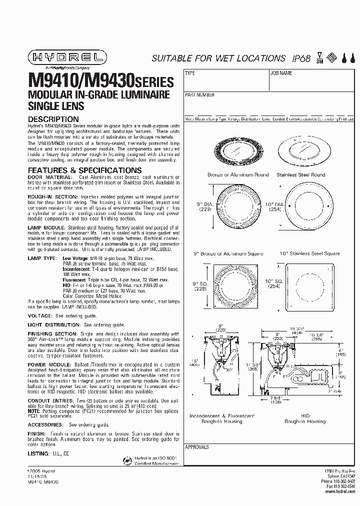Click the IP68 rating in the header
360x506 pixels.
[298, 58]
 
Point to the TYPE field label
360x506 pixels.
[190, 73]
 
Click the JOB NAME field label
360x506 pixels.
[281, 73]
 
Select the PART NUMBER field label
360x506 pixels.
[200, 94]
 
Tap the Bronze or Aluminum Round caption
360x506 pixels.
[238, 174]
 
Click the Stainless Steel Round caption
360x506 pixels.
[304, 174]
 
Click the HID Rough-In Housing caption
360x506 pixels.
[305, 418]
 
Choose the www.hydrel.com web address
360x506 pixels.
[342, 491]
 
